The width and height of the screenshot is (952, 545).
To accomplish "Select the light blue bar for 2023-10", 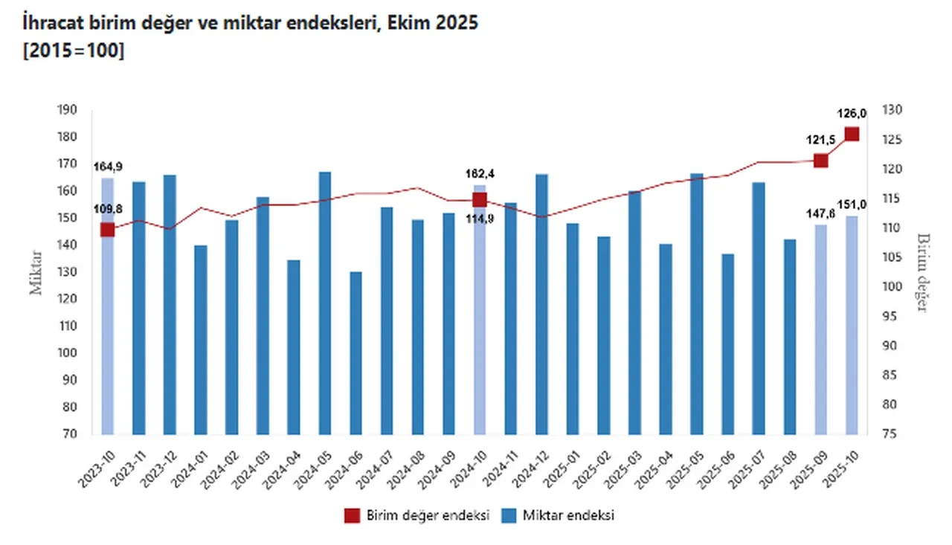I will pyautogui.click(x=108, y=306).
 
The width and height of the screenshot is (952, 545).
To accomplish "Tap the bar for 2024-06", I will pyautogui.click(x=356, y=353).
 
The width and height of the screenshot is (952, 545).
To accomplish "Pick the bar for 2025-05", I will pyautogui.click(x=697, y=304).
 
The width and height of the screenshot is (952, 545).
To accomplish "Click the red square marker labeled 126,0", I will pyautogui.click(x=852, y=135).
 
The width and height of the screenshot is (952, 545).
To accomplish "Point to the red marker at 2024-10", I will pyautogui.click(x=480, y=199).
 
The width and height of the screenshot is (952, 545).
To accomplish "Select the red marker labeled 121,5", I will pyautogui.click(x=821, y=161).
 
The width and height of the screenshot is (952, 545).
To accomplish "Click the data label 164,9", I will pyautogui.click(x=108, y=166).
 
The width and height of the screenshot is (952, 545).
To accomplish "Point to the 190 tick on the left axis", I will pyautogui.click(x=67, y=110).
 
